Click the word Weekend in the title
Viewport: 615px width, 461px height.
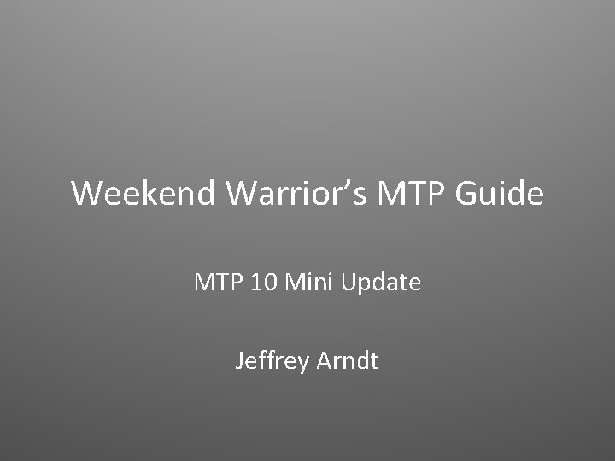click(x=144, y=194)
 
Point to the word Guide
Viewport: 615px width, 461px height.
click(x=500, y=194)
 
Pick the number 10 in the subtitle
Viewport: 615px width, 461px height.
click(x=265, y=282)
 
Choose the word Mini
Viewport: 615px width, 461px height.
click(x=309, y=282)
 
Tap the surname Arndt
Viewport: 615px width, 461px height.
click(x=348, y=361)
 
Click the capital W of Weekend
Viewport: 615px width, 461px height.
click(x=88, y=194)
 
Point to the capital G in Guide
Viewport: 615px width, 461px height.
click(x=468, y=194)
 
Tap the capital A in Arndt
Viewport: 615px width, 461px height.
click(x=325, y=361)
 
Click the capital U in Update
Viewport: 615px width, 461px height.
click(x=348, y=282)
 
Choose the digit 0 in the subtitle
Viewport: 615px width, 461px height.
click(x=271, y=282)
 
